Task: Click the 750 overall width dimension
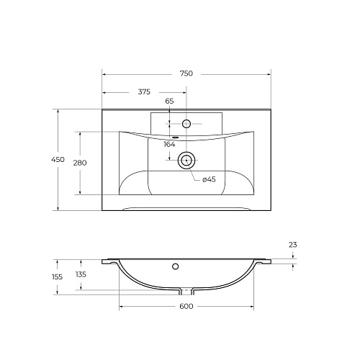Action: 186,73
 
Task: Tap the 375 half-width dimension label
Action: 144,91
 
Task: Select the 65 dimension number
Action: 169,101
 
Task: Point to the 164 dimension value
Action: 169,144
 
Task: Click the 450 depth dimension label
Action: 58,159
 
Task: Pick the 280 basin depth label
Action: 80,163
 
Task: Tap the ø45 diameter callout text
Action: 209,179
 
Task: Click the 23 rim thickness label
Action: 293,245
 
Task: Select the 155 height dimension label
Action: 57,276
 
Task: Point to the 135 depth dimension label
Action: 81,274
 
